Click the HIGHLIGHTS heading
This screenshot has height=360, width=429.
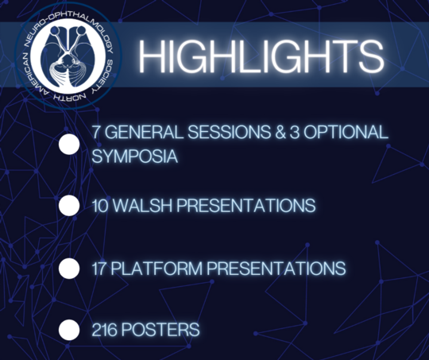(261, 56)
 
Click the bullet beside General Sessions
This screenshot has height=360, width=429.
(69, 145)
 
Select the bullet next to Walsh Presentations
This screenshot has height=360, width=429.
(69, 205)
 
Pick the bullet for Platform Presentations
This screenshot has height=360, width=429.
(69, 269)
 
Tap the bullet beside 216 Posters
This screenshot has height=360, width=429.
(69, 330)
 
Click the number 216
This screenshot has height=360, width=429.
(105, 329)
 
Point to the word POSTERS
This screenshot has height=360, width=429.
(160, 329)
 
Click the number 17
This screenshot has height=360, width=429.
(99, 268)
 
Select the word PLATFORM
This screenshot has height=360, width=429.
(157, 268)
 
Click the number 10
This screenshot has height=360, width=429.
(100, 205)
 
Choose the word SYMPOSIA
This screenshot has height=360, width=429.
(134, 157)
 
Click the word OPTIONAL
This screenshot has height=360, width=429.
(346, 132)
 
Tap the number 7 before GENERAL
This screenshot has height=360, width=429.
(96, 132)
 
